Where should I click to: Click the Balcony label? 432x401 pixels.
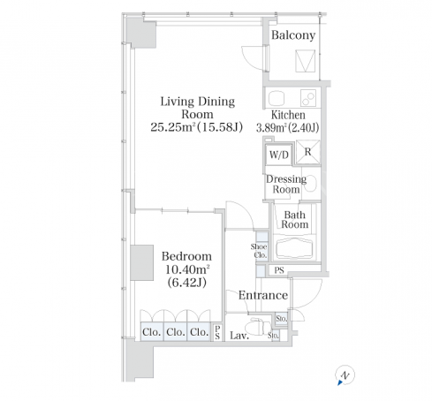click(x=293, y=35)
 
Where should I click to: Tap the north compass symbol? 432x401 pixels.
click(x=345, y=375)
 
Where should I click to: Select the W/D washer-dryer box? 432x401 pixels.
click(x=278, y=155)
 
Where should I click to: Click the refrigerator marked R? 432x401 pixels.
click(x=307, y=152)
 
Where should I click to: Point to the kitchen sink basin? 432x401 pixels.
click(x=277, y=98)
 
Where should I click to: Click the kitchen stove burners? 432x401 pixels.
click(x=308, y=98)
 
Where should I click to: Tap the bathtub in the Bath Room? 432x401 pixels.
click(x=294, y=247)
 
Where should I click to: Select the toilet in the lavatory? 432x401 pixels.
click(x=259, y=326)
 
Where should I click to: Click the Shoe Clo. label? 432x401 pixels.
click(x=259, y=251)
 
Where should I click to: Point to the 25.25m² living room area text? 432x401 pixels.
click(x=196, y=127)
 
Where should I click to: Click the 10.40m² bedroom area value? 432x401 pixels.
click(x=187, y=269)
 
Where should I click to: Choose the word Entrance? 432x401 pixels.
click(x=263, y=295)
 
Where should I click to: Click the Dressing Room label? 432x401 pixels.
click(x=286, y=184)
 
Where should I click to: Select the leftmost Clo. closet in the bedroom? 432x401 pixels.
click(x=152, y=332)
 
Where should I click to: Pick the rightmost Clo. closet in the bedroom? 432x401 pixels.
click(x=200, y=332)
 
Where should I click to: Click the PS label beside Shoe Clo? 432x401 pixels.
click(x=279, y=270)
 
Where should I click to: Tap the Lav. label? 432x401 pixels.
click(x=239, y=336)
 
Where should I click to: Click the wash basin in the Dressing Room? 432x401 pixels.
click(x=312, y=183)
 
